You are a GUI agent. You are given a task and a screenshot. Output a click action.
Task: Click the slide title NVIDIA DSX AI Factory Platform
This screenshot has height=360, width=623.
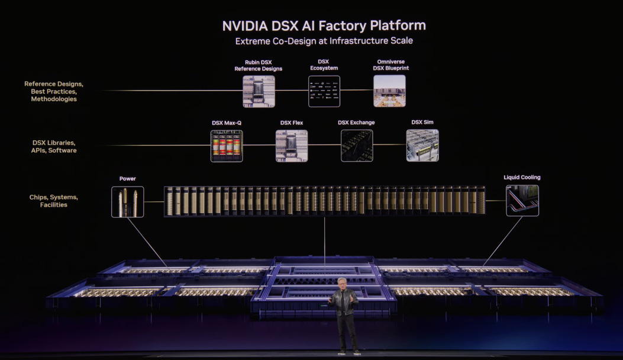coord(324,26)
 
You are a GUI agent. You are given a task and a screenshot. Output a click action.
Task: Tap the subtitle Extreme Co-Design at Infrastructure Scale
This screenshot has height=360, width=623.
coord(324,41)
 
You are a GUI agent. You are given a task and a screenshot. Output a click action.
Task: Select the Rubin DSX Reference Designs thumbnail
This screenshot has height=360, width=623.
coord(259,91)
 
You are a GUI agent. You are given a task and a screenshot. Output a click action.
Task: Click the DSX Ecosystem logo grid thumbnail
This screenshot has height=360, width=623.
coord(324,91)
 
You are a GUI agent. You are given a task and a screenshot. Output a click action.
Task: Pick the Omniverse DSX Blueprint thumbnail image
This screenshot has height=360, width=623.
coord(389,91)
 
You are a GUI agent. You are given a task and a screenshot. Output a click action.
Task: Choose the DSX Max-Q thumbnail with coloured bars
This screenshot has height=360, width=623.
coord(227,146)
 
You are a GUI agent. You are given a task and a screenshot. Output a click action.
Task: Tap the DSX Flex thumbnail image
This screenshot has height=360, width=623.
coord(292,146)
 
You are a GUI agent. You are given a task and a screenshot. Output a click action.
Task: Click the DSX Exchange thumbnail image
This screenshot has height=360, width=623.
coord(357,146)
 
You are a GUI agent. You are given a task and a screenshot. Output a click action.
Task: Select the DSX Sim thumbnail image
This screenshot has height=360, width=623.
coord(422,146)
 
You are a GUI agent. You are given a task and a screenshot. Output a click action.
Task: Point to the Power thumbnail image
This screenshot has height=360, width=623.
coord(127,202)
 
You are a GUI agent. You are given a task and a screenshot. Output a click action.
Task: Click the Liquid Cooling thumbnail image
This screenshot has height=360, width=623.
coord(522,200)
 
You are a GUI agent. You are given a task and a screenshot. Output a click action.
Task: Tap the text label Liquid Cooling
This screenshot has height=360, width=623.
coord(522,178)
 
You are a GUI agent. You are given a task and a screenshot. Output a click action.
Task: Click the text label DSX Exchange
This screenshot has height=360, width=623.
coord(356,123)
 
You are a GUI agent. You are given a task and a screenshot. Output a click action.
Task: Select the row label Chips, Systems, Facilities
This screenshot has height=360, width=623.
coord(54,201)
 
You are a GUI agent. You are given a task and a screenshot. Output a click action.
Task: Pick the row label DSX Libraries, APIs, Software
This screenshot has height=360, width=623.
coord(54,146)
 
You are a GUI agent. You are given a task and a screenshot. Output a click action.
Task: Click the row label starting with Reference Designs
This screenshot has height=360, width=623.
coord(54,91)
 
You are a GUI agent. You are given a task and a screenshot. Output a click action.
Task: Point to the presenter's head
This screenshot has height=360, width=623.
coord(344,284)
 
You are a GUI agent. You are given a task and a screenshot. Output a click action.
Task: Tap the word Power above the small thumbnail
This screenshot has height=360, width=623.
coord(127,179)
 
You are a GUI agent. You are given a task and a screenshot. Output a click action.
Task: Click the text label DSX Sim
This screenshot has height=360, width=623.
coord(422,123)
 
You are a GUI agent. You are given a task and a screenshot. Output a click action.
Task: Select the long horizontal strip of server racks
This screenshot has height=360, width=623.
coord(324,201)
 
